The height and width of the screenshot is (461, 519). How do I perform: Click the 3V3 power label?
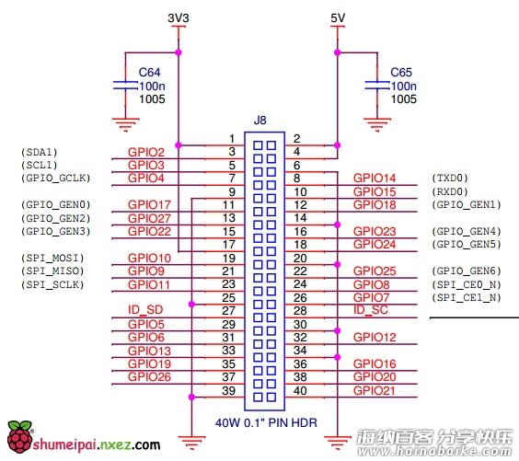pyautogui.click(x=179, y=17)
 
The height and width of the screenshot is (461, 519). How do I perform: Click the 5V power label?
pyautogui.click(x=338, y=17)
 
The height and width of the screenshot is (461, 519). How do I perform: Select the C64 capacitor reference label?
pyautogui.click(x=149, y=72)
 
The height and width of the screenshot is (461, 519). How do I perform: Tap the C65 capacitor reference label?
pyautogui.click(x=401, y=72)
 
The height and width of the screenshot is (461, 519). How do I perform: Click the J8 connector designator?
pyautogui.click(x=259, y=121)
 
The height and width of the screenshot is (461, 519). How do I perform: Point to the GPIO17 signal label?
pyautogui.click(x=149, y=205)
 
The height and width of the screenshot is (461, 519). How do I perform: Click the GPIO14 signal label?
pyautogui.click(x=375, y=178)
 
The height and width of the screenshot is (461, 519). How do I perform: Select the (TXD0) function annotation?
pyautogui.click(x=450, y=178)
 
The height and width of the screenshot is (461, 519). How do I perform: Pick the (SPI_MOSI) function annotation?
pyautogui.click(x=52, y=258)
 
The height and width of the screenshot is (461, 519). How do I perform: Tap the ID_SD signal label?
pyautogui.click(x=145, y=310)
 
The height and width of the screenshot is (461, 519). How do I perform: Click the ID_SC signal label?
pyautogui.click(x=370, y=310)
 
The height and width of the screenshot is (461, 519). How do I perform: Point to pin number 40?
pyautogui.click(x=300, y=390)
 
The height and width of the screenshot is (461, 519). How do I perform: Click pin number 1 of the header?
pyautogui.click(x=232, y=139)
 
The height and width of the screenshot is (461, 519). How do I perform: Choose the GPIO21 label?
pyautogui.click(x=375, y=390)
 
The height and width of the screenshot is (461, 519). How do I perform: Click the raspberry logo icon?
pyautogui.click(x=20, y=437)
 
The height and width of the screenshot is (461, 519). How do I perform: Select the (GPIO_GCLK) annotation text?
pyautogui.click(x=55, y=178)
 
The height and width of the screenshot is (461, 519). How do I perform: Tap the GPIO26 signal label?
pyautogui.click(x=149, y=376)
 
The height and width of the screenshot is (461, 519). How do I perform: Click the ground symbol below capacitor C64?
pyautogui.click(x=125, y=125)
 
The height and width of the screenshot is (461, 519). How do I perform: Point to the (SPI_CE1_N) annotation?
pyautogui.click(x=467, y=297)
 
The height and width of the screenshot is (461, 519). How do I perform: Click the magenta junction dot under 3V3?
pyautogui.click(x=179, y=52)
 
